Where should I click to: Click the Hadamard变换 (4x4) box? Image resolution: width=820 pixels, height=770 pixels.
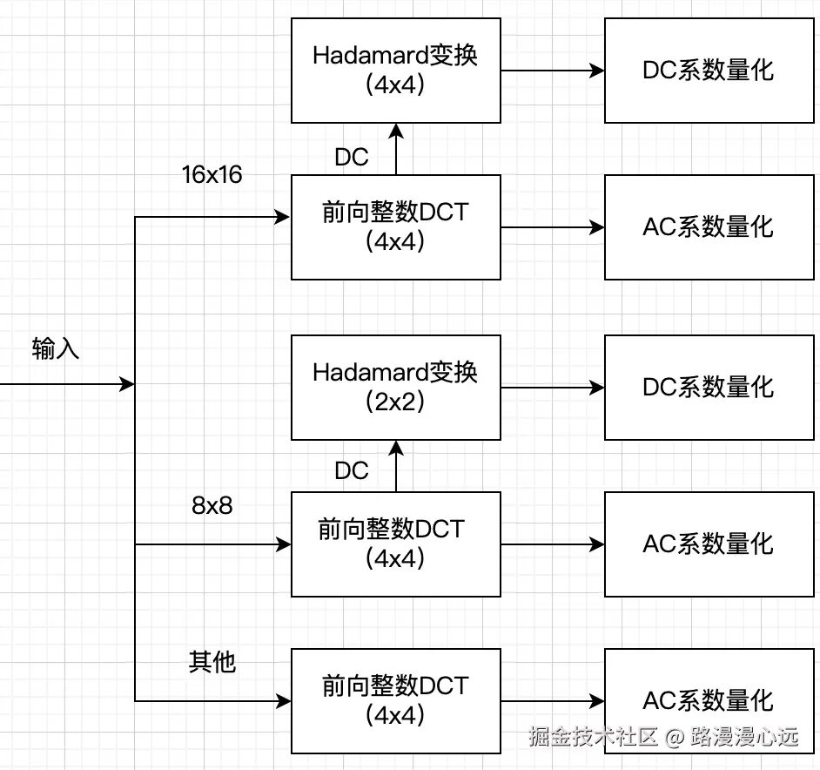click(395, 71)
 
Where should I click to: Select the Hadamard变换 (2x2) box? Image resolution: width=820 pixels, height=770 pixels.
click(395, 387)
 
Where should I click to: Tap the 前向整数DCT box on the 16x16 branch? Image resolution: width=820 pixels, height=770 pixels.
click(395, 226)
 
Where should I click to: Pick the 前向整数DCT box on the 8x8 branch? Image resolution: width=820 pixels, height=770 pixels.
click(395, 544)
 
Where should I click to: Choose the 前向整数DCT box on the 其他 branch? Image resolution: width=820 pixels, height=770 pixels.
click(395, 700)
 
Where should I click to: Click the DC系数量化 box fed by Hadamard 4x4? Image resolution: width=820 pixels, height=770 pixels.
click(709, 71)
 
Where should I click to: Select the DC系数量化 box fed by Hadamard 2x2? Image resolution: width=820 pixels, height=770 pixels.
click(709, 387)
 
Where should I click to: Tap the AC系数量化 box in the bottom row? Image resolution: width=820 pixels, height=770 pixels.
click(709, 700)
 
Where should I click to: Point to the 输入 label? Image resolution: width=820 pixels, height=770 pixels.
click(56, 349)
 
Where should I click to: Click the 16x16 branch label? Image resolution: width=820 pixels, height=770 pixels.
click(212, 175)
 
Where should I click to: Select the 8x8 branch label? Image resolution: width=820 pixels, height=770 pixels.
click(212, 505)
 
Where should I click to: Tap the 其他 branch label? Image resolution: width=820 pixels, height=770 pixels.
click(212, 662)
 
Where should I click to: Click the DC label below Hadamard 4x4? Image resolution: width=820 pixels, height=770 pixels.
click(352, 157)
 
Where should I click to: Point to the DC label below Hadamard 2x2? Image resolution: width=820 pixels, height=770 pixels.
click(352, 471)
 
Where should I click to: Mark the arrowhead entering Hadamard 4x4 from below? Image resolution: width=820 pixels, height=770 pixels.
click(396, 131)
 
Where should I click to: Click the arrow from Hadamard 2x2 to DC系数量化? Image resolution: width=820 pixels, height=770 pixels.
click(552, 387)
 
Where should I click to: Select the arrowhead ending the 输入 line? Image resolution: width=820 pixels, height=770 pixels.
click(127, 384)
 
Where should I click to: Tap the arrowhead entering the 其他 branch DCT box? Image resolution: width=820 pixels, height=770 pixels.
click(283, 700)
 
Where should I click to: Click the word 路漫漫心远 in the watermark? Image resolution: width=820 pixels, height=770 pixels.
click(744, 737)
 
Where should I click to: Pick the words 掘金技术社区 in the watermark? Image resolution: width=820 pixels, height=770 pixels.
click(593, 737)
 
